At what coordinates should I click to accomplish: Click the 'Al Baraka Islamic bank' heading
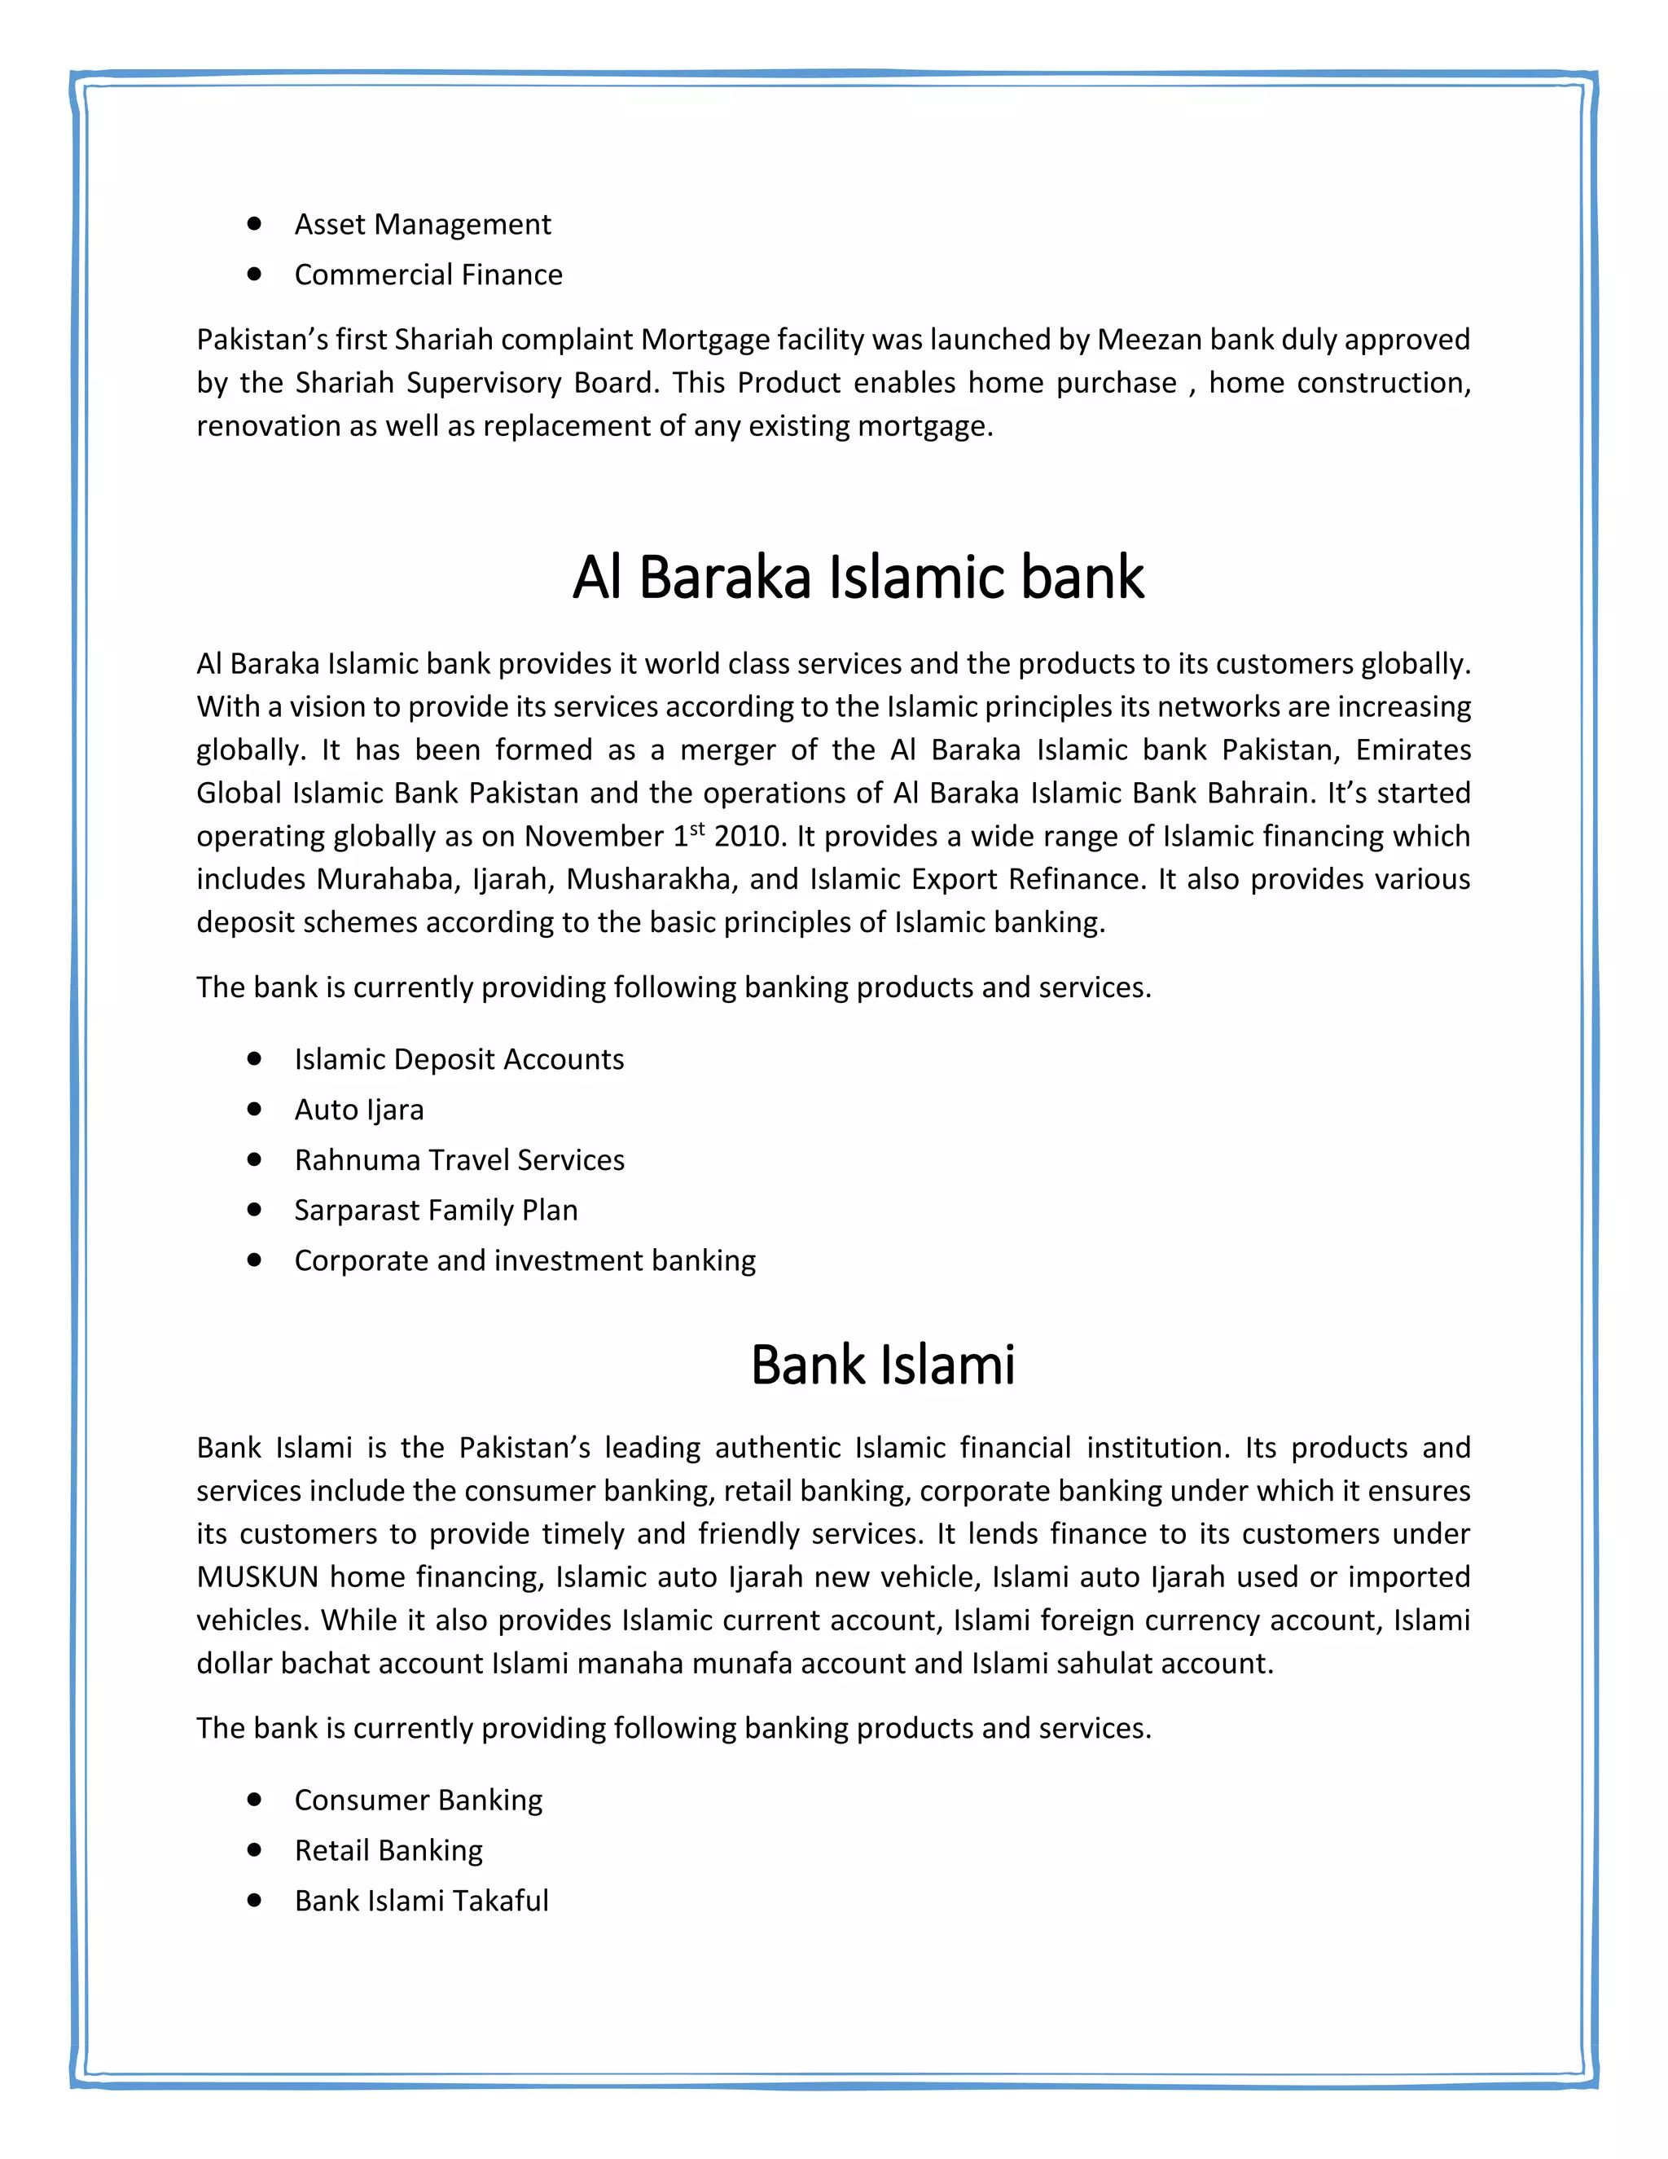[858, 578]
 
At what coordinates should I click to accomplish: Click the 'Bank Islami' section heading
[882, 1365]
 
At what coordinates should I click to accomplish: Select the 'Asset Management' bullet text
[422, 224]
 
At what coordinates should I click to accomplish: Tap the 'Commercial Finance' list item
[428, 275]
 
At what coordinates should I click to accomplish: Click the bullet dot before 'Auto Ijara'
[255, 1109]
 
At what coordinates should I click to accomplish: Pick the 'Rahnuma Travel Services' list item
[459, 1159]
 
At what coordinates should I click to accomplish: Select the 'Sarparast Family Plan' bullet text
[435, 1210]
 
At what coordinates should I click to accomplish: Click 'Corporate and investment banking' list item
[524, 1260]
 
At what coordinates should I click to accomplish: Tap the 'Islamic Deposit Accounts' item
[459, 1059]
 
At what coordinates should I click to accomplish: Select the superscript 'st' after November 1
[698, 829]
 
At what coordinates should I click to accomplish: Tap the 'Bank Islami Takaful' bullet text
[421, 1901]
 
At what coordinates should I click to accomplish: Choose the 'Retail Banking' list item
[388, 1850]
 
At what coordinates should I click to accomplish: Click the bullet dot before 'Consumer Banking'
[255, 1801]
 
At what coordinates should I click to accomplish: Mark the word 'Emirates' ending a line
[1413, 750]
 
